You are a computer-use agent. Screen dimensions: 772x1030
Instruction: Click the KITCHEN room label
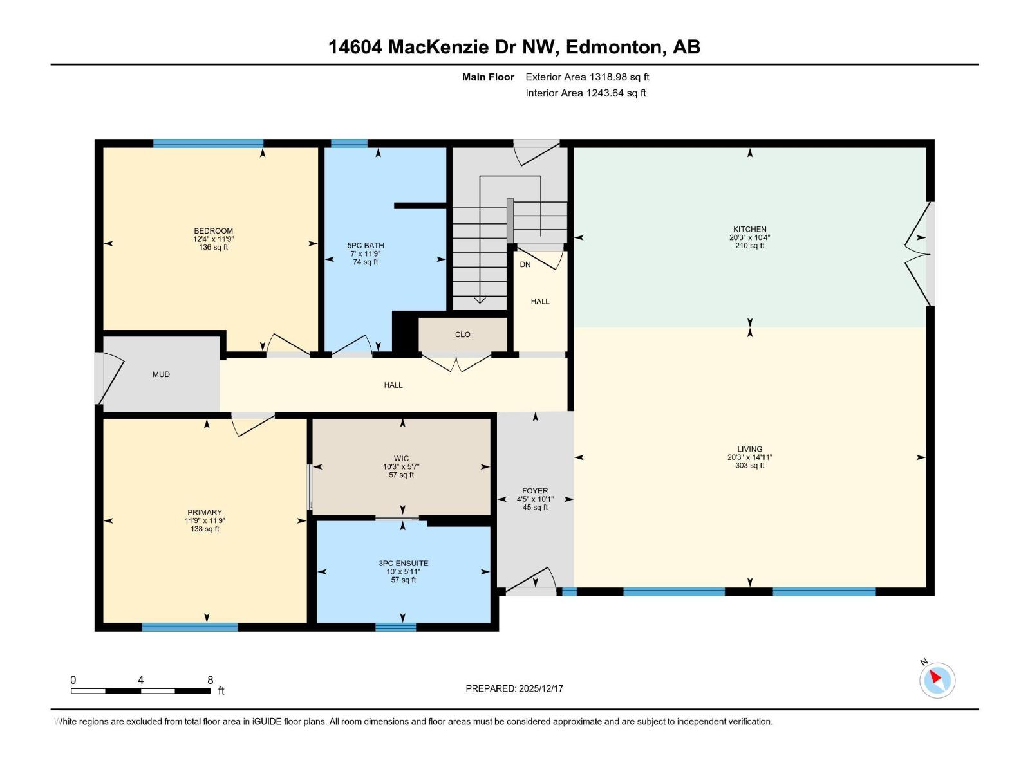749,229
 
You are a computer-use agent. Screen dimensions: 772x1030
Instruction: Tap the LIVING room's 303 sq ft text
749,466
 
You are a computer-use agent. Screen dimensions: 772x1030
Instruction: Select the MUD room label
161,374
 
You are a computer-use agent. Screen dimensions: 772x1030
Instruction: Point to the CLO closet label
462,335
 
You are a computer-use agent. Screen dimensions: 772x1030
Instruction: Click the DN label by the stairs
525,264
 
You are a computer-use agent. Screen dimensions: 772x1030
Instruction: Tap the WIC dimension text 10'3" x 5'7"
401,467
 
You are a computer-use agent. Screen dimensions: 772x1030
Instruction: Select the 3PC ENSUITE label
404,564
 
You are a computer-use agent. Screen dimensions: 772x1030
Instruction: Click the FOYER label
535,491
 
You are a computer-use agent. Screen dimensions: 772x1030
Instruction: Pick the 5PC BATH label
365,246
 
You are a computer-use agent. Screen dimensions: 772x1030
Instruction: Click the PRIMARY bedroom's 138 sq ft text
205,529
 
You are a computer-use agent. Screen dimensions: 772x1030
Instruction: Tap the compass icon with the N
937,680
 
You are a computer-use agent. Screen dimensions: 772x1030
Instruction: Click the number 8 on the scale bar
210,680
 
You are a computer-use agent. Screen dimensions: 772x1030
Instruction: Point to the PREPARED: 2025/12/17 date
514,688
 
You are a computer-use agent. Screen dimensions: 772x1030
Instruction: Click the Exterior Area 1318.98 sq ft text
587,77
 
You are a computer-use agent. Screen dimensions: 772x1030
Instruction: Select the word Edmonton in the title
616,47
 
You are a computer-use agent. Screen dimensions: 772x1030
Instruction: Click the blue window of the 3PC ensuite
395,627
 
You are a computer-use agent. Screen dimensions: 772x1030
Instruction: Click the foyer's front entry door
531,581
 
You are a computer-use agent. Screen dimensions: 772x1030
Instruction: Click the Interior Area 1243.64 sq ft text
585,93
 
